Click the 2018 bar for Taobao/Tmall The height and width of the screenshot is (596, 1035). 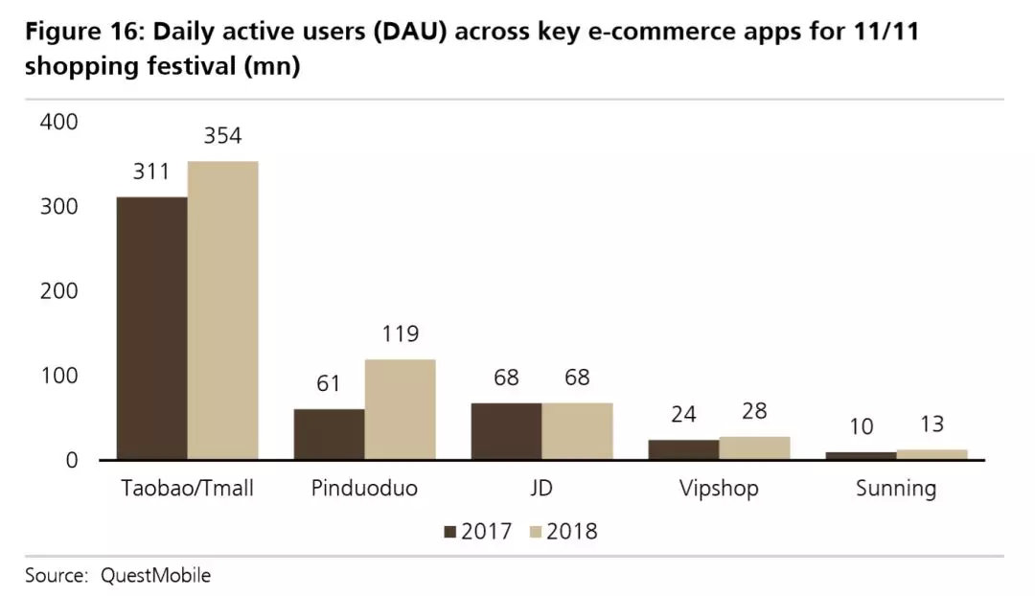coord(222,310)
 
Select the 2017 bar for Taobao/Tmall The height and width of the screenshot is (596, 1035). coord(151,329)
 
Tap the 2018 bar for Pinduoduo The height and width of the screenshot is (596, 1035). coord(400,410)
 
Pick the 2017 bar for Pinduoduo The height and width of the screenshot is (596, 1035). coord(329,435)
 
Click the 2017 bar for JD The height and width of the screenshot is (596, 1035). coord(506,432)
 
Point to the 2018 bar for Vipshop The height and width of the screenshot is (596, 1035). coord(754,448)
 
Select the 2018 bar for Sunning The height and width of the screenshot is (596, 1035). coord(931,455)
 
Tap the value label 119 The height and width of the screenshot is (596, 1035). coord(400,333)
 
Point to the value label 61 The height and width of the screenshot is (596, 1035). coord(329,383)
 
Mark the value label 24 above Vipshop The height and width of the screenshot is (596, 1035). coord(683,414)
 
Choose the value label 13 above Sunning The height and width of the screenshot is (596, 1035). coord(931,424)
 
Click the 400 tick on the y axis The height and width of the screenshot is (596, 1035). coord(57,123)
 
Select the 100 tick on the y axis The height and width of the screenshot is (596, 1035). coord(57,377)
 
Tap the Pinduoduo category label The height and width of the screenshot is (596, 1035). coord(364,488)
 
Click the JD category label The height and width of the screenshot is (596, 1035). coord(541,488)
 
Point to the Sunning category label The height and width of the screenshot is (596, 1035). coord(896,488)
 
